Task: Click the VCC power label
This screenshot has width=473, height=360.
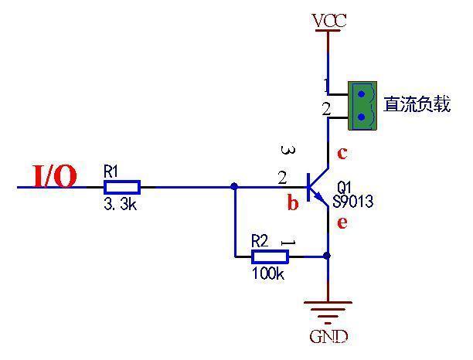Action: click(328, 20)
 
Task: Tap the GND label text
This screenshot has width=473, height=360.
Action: click(328, 337)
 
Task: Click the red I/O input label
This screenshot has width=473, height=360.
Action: click(55, 177)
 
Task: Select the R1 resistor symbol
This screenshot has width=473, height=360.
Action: click(122, 186)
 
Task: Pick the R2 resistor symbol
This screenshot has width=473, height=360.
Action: click(270, 256)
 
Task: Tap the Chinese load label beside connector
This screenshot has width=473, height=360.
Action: click(417, 105)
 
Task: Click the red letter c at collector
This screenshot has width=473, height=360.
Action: click(342, 152)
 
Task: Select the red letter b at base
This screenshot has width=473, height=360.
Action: click(293, 204)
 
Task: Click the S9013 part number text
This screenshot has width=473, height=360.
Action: click(353, 202)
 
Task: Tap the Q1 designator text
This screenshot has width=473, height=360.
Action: click(345, 188)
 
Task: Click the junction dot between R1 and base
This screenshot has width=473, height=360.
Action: click(234, 186)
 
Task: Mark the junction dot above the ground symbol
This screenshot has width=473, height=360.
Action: click(328, 255)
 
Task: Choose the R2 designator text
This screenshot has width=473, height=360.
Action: click(260, 241)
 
